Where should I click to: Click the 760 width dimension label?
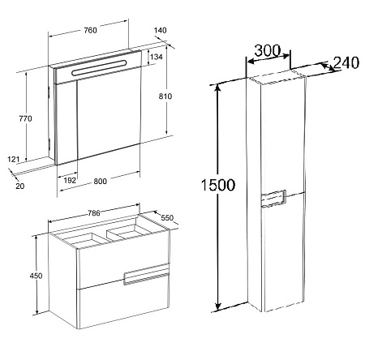point(90,30)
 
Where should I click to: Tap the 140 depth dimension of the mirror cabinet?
point(161,30)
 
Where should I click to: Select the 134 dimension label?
point(157,57)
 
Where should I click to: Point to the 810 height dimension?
point(165,96)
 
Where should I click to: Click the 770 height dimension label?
point(25,118)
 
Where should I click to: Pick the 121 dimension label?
point(14,159)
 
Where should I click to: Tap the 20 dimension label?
point(20,186)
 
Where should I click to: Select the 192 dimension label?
point(70,181)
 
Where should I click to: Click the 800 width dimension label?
point(101,181)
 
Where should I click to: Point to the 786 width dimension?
point(94,213)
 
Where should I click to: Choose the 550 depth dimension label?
point(167,217)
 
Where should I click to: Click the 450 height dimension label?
point(36,276)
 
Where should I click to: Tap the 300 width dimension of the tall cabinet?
point(268,50)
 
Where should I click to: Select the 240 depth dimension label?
point(346,62)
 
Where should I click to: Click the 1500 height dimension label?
point(218,185)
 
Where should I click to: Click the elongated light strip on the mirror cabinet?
point(99,67)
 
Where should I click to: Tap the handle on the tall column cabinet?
point(273,199)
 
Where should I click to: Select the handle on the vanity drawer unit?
point(146,275)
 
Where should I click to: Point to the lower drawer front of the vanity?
point(123,302)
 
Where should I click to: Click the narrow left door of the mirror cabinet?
point(67,123)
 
